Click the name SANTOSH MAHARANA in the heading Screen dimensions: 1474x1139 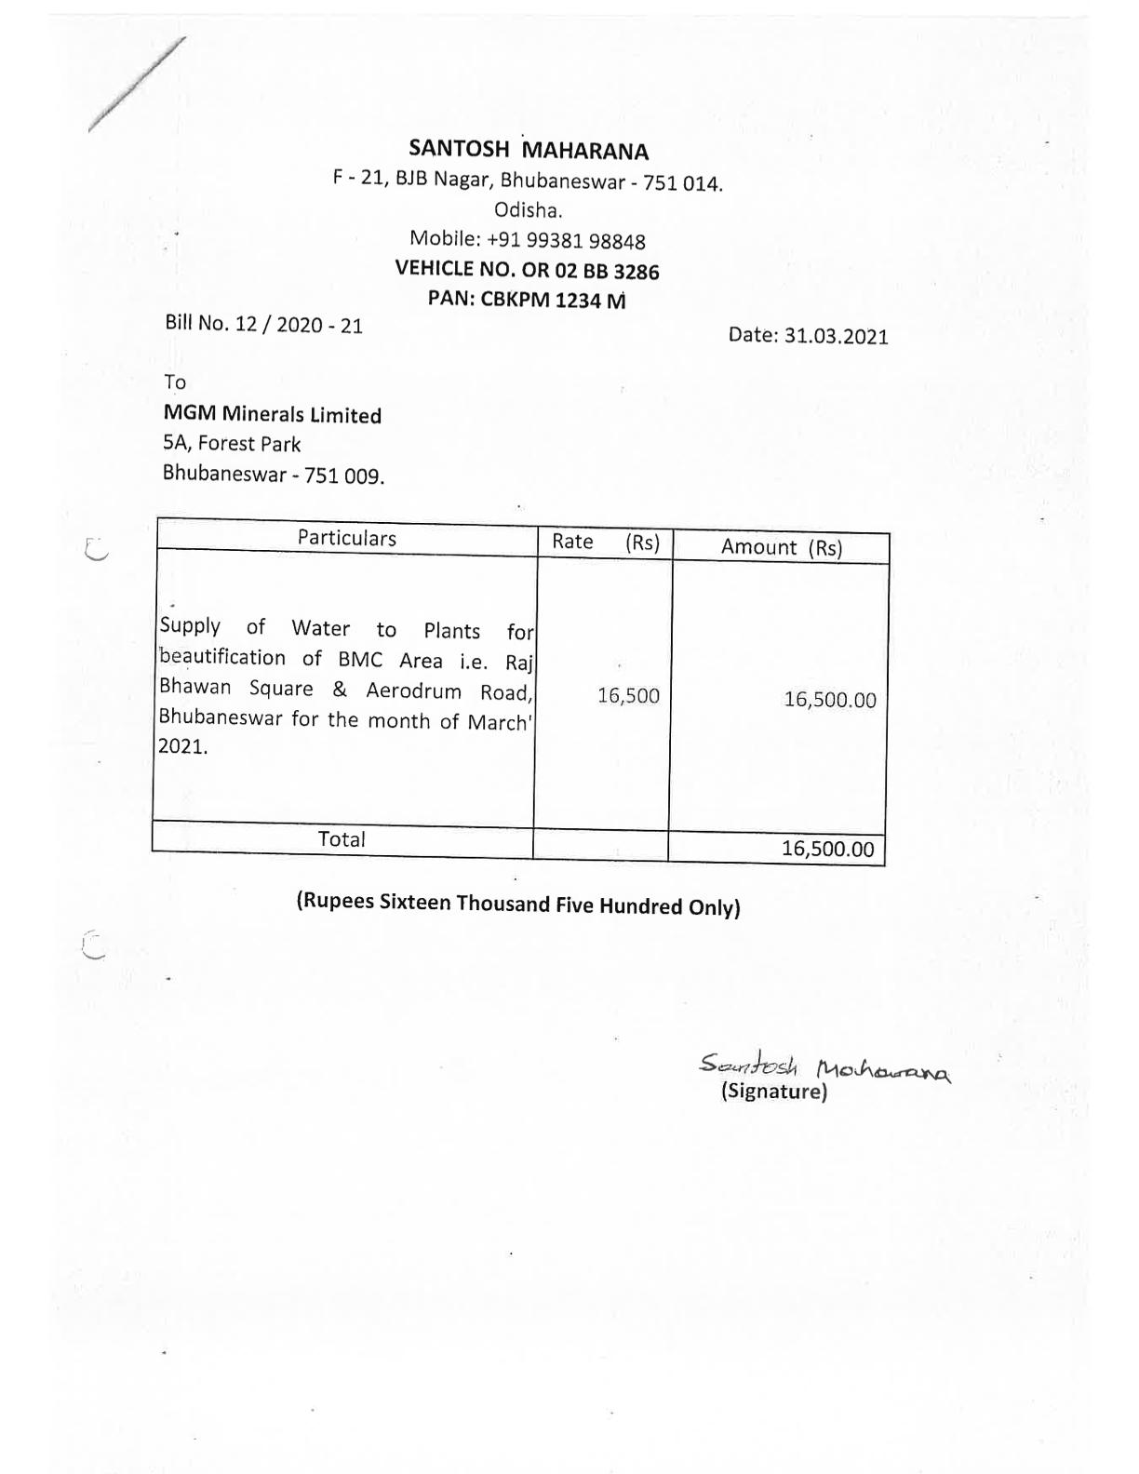point(529,150)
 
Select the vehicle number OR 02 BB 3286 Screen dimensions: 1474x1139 point(596,271)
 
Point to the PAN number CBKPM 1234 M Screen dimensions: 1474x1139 point(553,300)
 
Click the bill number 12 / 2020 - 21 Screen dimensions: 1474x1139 point(299,325)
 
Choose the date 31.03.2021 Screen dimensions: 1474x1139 point(836,336)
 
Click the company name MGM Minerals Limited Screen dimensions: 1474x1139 point(272,415)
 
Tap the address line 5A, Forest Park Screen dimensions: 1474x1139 point(232,444)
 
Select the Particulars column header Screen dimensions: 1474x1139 point(346,539)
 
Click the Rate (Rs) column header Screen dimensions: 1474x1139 point(605,543)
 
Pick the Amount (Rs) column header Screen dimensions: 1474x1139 point(781,547)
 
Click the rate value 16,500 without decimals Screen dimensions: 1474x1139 point(628,696)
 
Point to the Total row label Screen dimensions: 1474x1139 point(342,838)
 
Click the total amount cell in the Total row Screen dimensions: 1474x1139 point(827,849)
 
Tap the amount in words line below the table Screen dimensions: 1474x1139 point(517,904)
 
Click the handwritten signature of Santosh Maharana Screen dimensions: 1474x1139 point(824,1066)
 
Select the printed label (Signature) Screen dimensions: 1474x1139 point(773,1092)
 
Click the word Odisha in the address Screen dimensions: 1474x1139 point(528,210)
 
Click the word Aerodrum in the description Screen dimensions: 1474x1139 point(413,690)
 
